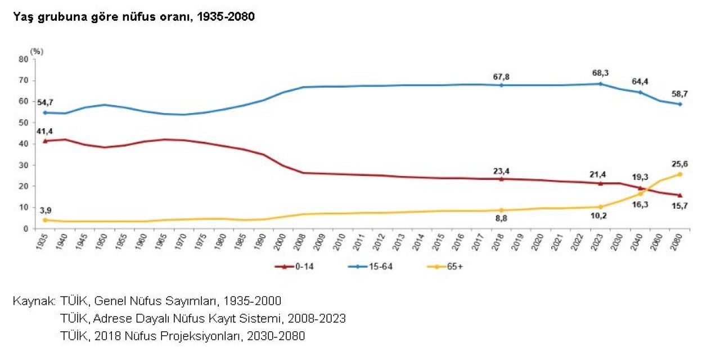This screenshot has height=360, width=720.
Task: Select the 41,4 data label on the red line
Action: (44, 131)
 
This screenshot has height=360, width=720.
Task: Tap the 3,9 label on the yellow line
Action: (44, 210)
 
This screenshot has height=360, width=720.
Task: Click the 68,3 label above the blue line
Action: (601, 73)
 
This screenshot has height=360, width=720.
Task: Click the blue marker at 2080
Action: (679, 104)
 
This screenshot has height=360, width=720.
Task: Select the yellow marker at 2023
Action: (601, 207)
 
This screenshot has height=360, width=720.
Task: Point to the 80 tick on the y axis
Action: (24, 58)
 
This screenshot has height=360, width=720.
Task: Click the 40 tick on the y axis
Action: (24, 143)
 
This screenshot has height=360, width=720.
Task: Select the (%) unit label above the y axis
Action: (37, 51)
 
